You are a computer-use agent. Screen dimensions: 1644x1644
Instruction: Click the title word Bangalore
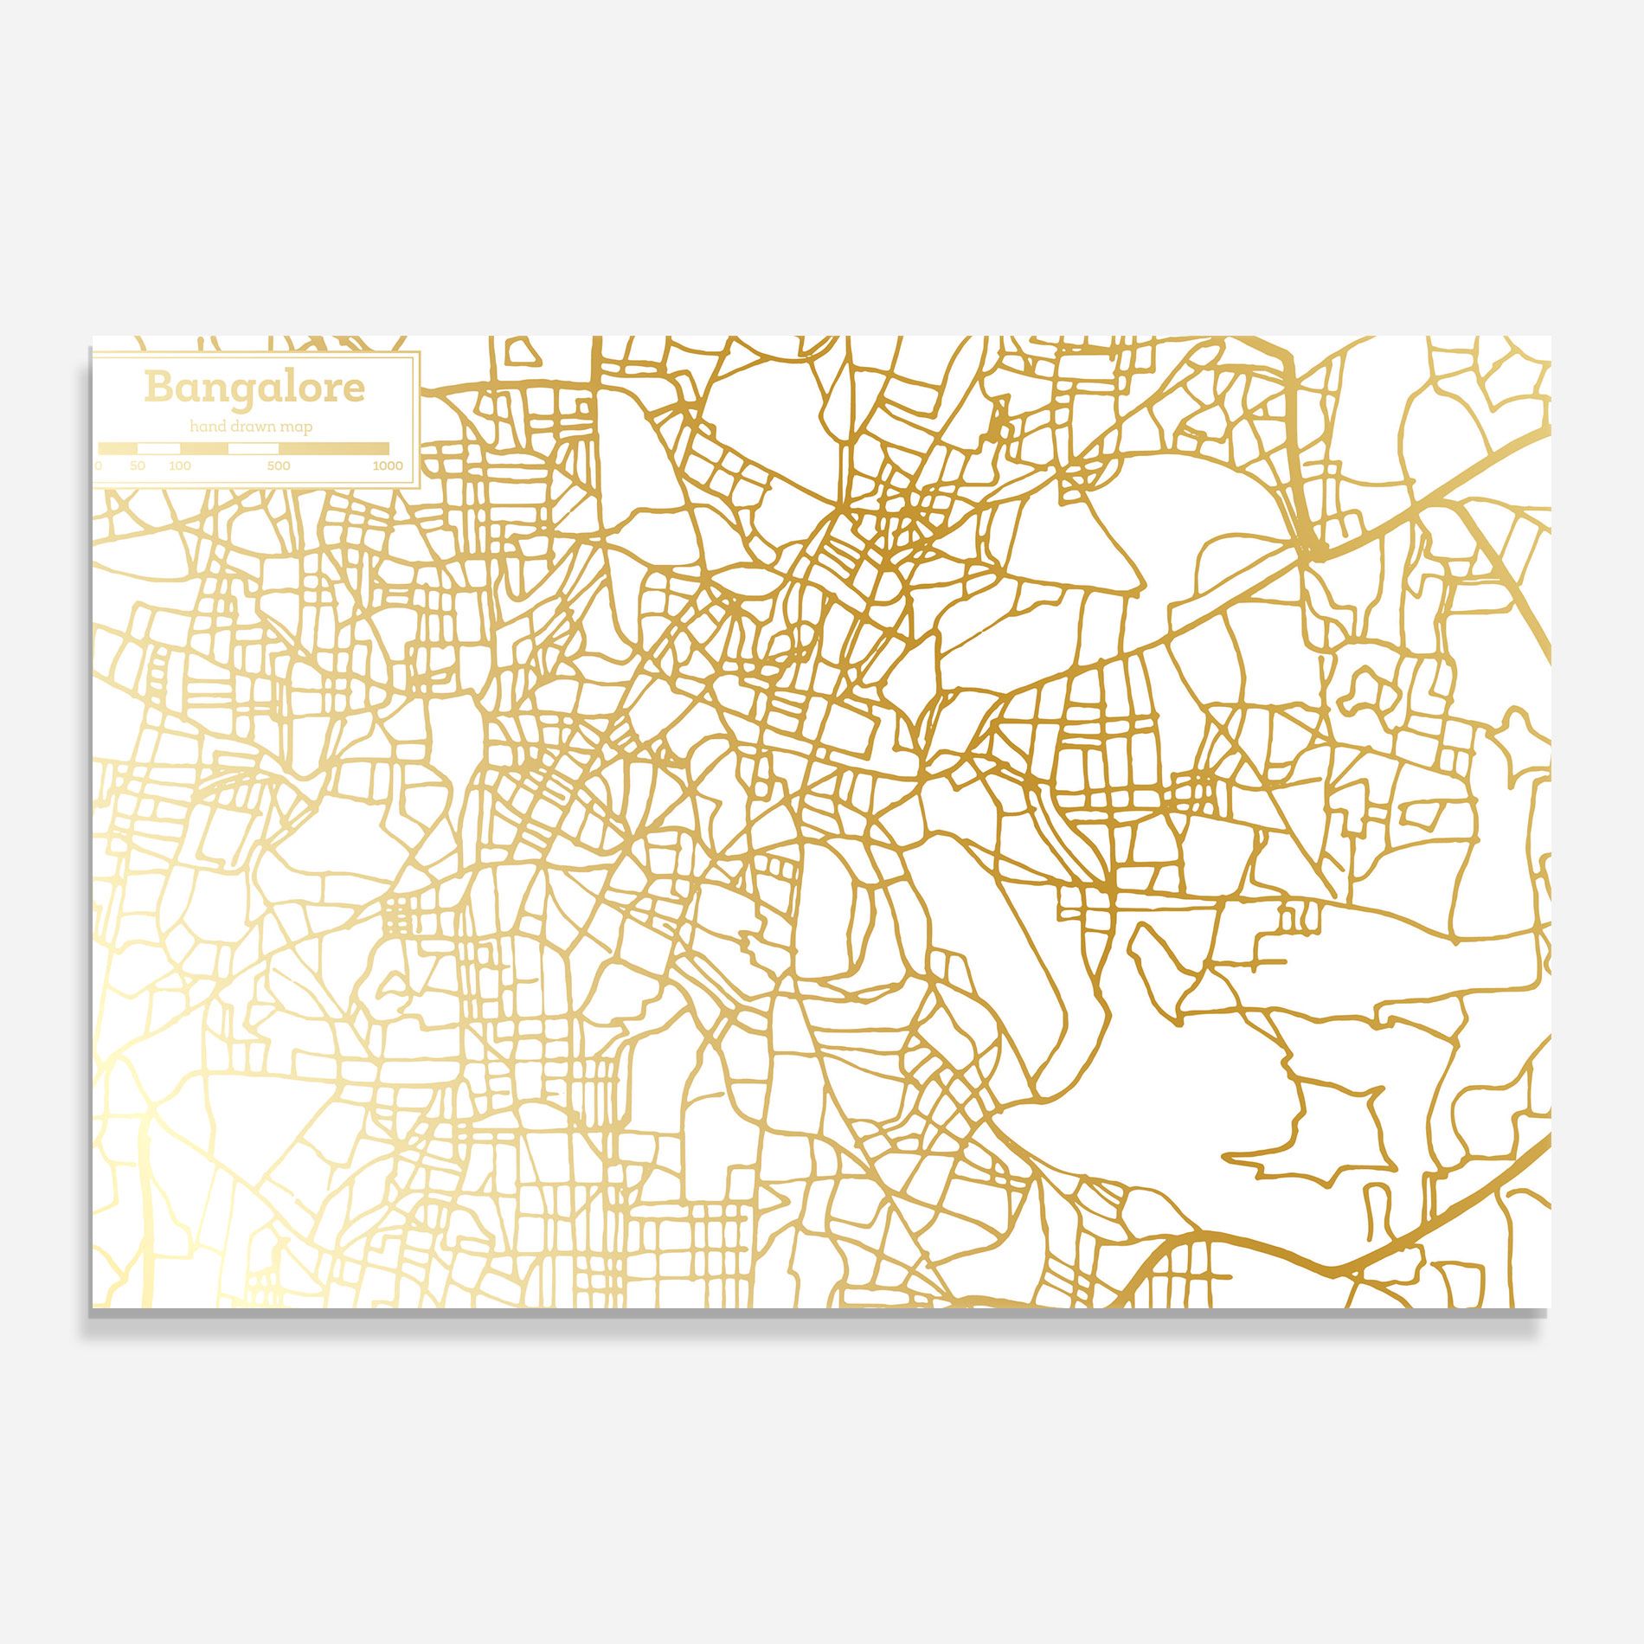point(254,387)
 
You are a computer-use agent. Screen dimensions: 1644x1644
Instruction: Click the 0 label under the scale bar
point(99,466)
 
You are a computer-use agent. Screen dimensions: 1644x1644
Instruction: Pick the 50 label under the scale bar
point(138,466)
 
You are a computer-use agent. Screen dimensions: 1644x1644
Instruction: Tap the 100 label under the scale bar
point(180,466)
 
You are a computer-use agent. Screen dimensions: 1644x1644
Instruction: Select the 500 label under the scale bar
point(279,466)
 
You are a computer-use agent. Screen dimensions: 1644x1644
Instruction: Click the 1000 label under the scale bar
point(388,466)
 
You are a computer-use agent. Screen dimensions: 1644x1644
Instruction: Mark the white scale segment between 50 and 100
point(159,448)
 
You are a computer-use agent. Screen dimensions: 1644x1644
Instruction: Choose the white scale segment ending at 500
point(254,448)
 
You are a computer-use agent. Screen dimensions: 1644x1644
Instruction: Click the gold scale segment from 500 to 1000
point(334,448)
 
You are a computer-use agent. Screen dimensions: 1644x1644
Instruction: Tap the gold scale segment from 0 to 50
point(118,448)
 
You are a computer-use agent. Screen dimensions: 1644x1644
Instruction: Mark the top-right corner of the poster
point(1551,337)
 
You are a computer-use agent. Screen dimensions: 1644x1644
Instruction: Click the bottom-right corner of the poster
point(1550,1307)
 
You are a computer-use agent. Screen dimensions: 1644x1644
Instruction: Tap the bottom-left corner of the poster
point(93,1307)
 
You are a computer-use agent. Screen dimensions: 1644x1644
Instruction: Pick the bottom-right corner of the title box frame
point(420,488)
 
